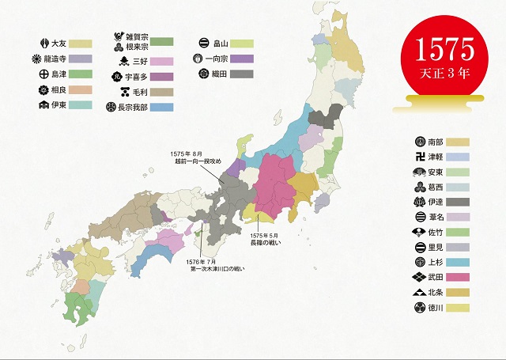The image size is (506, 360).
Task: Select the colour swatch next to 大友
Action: [x=81, y=44]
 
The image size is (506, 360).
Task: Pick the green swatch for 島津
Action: [x=81, y=74]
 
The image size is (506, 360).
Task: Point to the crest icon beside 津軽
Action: [x=419, y=157]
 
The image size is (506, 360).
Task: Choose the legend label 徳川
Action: [x=436, y=308]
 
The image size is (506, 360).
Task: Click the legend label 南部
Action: [x=436, y=142]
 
